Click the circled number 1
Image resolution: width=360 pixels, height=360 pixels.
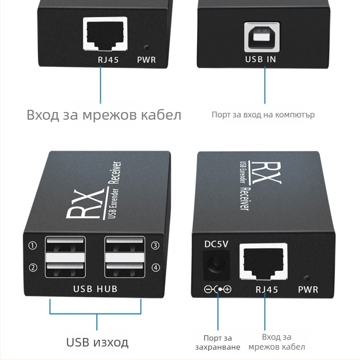pyautogui.click(x=32, y=246)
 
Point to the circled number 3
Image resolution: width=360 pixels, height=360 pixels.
pyautogui.click(x=156, y=246)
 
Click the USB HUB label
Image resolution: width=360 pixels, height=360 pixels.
pyautogui.click(x=95, y=288)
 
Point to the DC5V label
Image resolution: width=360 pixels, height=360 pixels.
pyautogui.click(x=216, y=244)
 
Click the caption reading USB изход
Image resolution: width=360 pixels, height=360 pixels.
pyautogui.click(x=97, y=342)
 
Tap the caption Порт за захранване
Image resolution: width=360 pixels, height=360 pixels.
pyautogui.click(x=218, y=342)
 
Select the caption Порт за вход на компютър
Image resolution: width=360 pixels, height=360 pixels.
pyautogui.click(x=263, y=115)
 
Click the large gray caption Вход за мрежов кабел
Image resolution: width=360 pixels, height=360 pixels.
pyautogui.click(x=104, y=115)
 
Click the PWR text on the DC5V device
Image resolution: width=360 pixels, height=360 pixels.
pyautogui.click(x=308, y=289)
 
